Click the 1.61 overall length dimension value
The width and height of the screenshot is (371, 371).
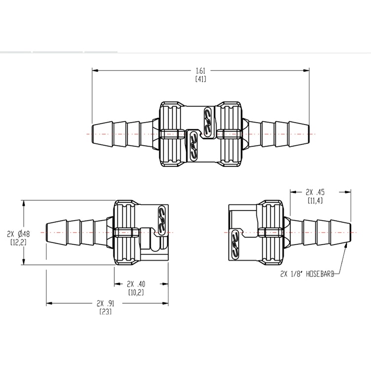tap(201, 71)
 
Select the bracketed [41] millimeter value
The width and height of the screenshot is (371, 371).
tap(201, 79)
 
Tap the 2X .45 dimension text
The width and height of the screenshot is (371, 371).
tap(315, 192)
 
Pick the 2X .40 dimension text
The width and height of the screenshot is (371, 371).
tap(137, 284)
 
